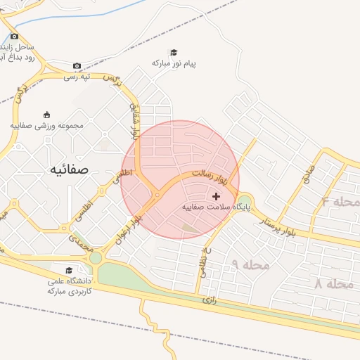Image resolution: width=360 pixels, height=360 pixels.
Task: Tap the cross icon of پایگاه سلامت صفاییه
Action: tap(215, 196)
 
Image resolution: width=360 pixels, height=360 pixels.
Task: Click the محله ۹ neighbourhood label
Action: tap(250, 264)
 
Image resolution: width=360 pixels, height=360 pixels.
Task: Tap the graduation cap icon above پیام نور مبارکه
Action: tap(174, 52)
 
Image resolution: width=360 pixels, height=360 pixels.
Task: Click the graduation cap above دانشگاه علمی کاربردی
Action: tap(69, 271)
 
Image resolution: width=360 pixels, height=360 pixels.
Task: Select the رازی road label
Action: tap(209, 300)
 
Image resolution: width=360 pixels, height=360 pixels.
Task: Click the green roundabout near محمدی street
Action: tap(95, 258)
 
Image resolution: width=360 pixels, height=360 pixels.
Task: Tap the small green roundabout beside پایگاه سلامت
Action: tap(245, 198)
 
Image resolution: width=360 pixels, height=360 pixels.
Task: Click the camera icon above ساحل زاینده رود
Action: tap(14, 36)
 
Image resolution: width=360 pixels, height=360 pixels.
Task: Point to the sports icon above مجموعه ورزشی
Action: tap(46, 115)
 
